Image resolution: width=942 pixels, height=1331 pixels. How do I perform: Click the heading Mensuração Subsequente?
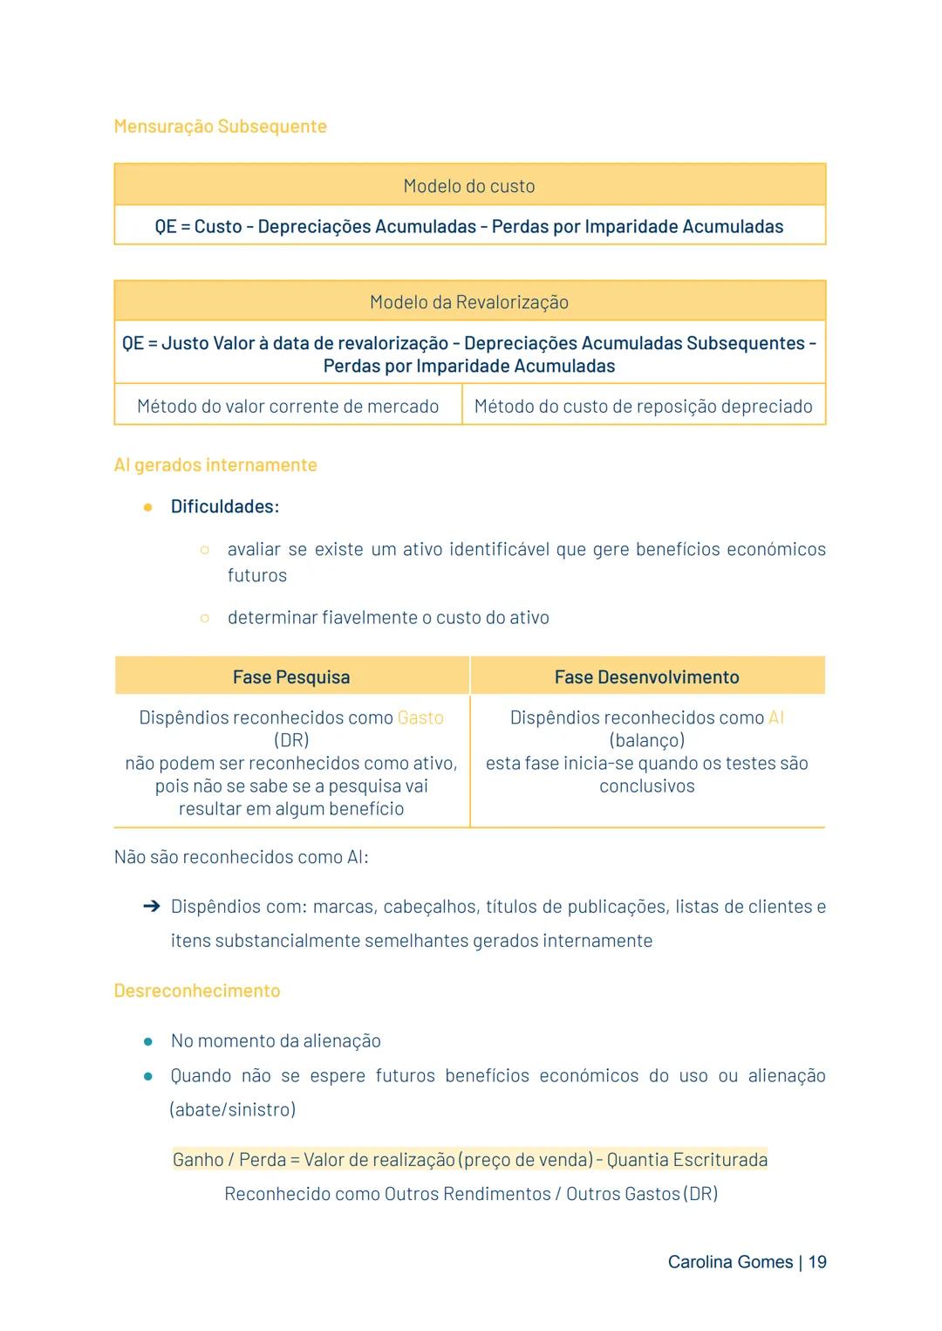click(220, 127)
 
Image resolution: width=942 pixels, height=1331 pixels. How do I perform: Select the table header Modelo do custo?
click(469, 186)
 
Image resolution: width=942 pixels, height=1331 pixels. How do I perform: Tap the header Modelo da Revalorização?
click(469, 302)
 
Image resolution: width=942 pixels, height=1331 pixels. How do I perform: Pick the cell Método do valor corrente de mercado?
click(288, 406)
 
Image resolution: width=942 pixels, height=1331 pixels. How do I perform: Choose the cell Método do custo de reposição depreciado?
click(643, 406)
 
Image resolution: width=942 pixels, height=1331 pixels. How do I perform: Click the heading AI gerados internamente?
click(215, 465)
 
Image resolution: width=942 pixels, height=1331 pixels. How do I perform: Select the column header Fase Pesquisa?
click(291, 677)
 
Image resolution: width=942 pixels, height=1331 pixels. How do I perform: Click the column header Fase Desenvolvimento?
click(646, 677)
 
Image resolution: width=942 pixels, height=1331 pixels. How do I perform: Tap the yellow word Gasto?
click(420, 717)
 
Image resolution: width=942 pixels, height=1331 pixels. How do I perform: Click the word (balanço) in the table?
click(646, 740)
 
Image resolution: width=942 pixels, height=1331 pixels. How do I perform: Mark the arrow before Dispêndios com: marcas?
click(151, 907)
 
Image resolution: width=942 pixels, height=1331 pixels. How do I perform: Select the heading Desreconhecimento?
click(197, 991)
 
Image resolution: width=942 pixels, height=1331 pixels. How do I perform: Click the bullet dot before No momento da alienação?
click(148, 1041)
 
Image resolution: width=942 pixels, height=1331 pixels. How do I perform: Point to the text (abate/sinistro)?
click(232, 1109)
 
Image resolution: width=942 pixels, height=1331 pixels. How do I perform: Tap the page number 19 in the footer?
click(817, 1262)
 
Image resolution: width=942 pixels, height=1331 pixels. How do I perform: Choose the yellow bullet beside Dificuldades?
click(148, 507)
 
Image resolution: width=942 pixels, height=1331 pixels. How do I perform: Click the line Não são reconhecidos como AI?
click(241, 857)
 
